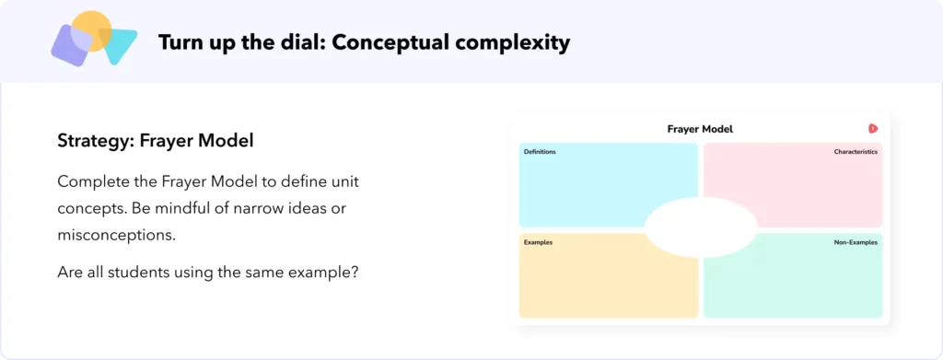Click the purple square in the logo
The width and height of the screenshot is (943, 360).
[x=72, y=45]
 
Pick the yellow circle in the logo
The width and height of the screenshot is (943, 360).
[x=91, y=30]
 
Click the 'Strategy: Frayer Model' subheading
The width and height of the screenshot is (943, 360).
[x=155, y=141]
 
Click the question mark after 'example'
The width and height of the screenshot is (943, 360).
[x=355, y=273]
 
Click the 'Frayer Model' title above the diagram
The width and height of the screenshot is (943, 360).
[x=700, y=129]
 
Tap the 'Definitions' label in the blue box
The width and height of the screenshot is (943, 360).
[x=540, y=152]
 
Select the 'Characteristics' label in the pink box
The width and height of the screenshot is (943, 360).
[x=856, y=152]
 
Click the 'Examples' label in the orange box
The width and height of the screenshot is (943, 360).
[x=538, y=242]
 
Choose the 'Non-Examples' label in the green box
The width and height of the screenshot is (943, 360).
[x=856, y=242]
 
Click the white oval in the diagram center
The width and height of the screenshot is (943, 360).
[x=701, y=227]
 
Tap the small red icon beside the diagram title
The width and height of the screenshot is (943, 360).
[x=873, y=129]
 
